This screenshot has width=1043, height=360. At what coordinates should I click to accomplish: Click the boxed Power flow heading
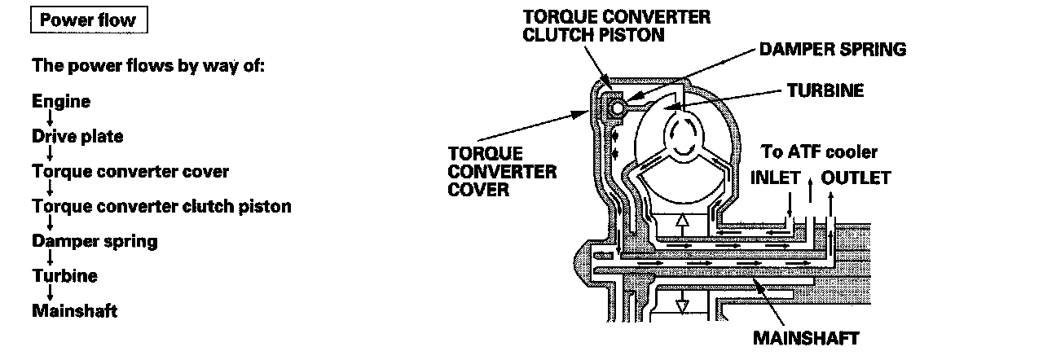[87, 20]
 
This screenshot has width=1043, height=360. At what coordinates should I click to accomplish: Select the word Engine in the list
[61, 102]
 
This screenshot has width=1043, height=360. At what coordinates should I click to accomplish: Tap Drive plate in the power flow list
[77, 137]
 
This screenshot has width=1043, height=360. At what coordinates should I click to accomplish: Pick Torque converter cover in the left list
[130, 172]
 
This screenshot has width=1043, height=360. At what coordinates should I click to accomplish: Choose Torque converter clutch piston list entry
[161, 207]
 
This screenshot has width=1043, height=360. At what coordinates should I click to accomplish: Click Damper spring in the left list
[95, 241]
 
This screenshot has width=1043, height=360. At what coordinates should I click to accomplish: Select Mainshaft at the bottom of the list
[75, 311]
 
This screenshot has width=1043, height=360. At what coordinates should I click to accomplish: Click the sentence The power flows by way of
[148, 65]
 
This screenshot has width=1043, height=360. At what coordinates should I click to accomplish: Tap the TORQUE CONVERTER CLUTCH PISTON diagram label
[616, 25]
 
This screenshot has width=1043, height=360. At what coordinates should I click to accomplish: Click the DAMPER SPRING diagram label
[832, 50]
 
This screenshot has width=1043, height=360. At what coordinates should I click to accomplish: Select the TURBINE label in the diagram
[825, 91]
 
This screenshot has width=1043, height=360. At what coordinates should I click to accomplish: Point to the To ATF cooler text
[819, 152]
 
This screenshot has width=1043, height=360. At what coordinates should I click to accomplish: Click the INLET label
[775, 178]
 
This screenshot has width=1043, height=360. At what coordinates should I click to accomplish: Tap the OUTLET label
[856, 178]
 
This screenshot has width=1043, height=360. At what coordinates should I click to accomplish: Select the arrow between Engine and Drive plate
[51, 120]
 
